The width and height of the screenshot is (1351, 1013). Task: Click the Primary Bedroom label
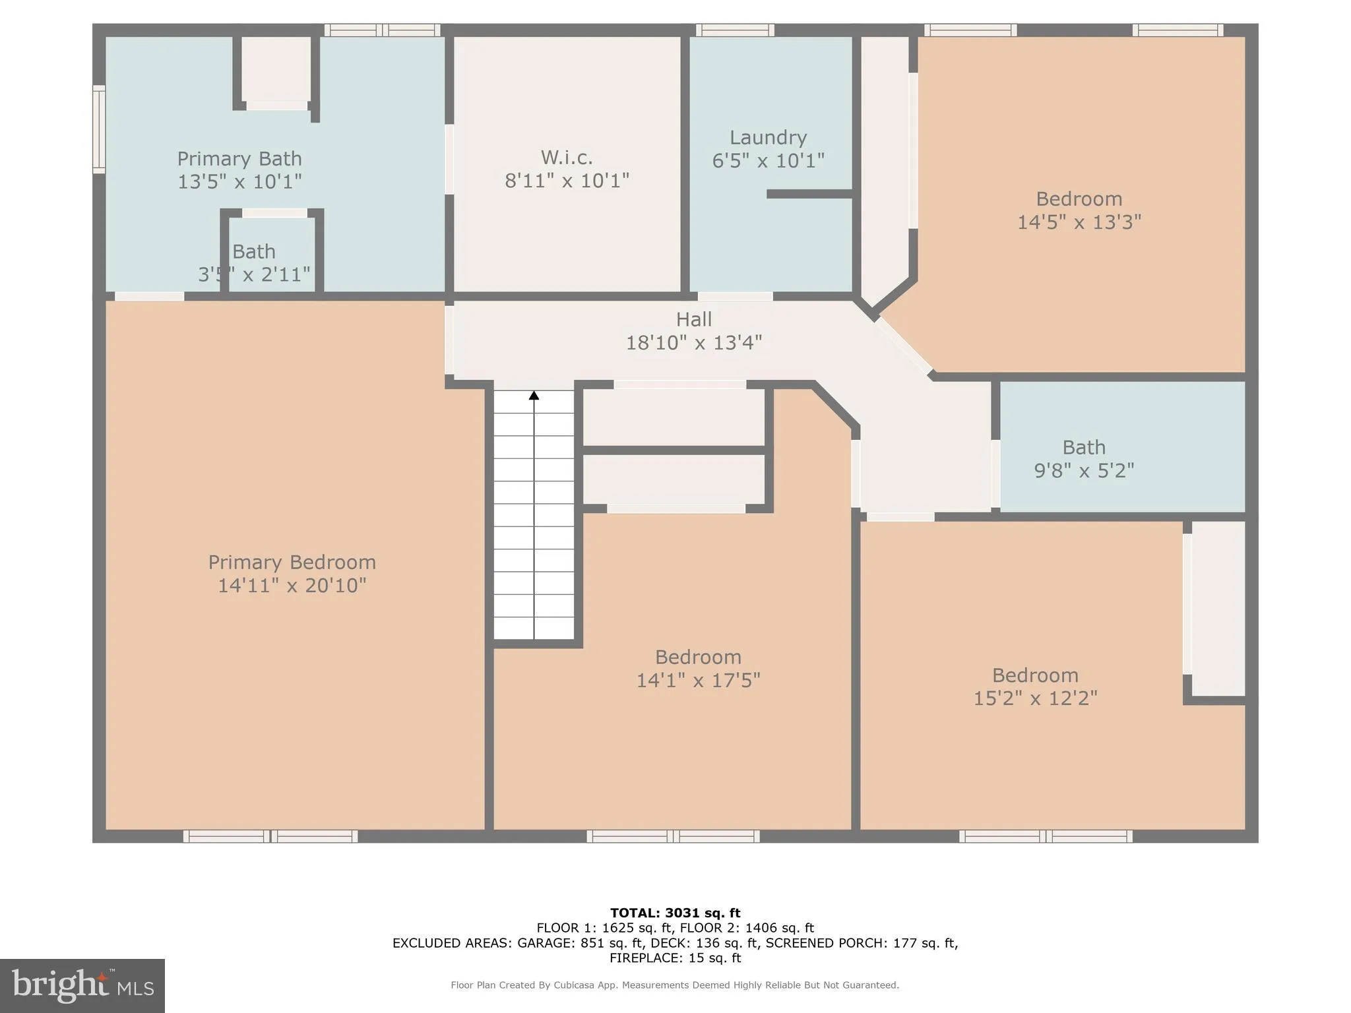coord(292,562)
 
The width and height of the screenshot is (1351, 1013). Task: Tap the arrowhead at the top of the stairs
coord(534,395)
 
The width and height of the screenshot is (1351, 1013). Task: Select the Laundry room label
coord(768,137)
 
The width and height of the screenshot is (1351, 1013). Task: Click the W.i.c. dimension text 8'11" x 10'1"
coord(567,180)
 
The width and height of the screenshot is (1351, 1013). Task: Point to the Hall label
coord(693,319)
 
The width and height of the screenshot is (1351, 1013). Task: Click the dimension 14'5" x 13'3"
coord(1079,222)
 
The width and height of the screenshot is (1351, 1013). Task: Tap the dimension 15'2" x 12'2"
coord(1035,698)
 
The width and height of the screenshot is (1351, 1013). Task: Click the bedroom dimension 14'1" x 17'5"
coord(698,680)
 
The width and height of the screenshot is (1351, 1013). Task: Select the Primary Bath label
coord(239,158)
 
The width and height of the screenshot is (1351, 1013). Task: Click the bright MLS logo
coord(82,985)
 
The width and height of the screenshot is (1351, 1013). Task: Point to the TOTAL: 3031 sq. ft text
coord(675,913)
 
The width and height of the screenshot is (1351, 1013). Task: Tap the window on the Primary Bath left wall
coord(99,129)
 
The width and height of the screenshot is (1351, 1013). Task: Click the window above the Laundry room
coord(735,30)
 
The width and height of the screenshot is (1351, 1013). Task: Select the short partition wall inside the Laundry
coord(809,194)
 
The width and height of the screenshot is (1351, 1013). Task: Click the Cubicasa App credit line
coord(674,985)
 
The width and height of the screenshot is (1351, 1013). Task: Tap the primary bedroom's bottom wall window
coord(270,836)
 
